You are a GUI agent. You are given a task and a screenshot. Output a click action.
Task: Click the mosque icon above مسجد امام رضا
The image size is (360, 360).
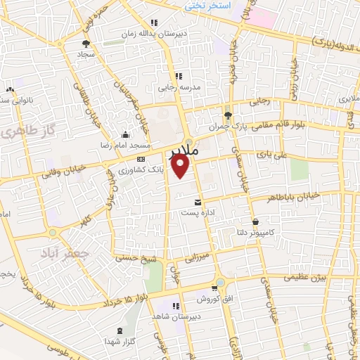click(x=126, y=134)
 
